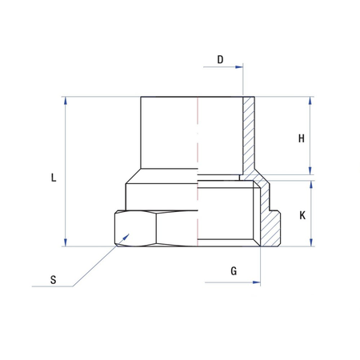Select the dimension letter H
tap(302, 138)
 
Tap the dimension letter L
tap(53, 178)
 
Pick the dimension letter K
tap(302, 215)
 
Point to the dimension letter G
tap(234, 271)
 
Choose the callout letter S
tap(53, 280)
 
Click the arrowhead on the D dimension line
tap(238, 69)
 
